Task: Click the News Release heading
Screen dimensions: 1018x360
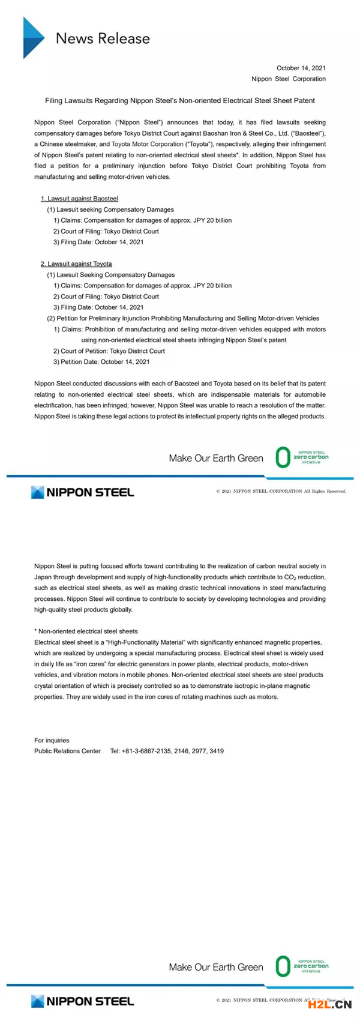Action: (103, 38)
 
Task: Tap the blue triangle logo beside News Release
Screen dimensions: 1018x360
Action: (33, 38)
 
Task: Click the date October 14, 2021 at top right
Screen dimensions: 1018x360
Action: (301, 68)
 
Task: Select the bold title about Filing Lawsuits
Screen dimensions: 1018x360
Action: (180, 101)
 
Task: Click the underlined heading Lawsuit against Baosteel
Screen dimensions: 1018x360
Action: (80, 199)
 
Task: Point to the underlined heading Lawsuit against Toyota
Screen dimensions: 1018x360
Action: (77, 264)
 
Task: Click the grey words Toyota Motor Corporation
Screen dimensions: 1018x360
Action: (148, 144)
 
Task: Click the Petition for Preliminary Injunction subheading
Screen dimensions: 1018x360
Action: (183, 319)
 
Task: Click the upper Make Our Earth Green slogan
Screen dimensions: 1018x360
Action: (216, 459)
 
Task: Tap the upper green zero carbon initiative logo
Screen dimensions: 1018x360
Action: (302, 457)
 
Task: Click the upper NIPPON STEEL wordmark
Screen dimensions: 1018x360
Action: (83, 493)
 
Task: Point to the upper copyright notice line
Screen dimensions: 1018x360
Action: (281, 492)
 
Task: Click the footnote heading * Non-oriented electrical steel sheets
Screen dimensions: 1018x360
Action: (86, 631)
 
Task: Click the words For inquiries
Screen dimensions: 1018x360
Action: (52, 741)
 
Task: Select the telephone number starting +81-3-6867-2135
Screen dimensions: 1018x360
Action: (167, 751)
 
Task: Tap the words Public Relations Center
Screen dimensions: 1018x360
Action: (67, 751)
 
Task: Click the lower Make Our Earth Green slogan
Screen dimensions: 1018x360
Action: (216, 968)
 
